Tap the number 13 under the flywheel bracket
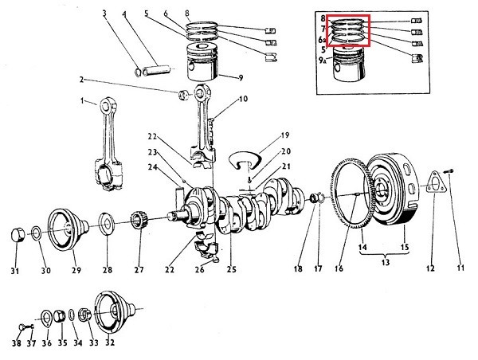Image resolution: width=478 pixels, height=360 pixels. tap(386, 262)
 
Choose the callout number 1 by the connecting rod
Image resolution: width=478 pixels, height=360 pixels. tap(81, 101)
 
